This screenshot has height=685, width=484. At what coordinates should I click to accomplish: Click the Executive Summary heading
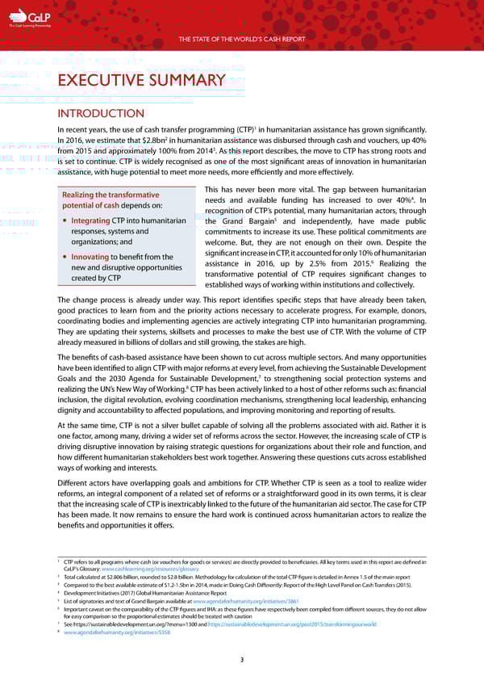tap(141, 80)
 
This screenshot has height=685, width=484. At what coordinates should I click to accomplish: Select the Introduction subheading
tap(100, 114)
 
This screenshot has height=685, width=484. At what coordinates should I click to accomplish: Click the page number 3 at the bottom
tap(242, 661)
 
